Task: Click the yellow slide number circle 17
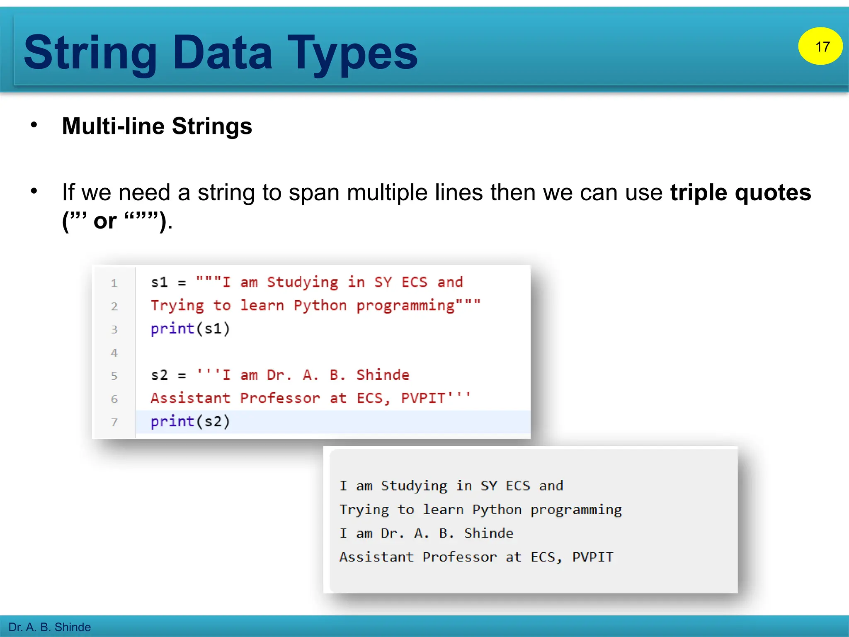click(820, 46)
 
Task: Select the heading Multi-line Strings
click(157, 126)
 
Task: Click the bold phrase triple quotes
click(740, 192)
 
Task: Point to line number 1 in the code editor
click(114, 283)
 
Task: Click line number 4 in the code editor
click(114, 353)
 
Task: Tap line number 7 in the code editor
click(114, 422)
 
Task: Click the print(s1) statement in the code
click(190, 329)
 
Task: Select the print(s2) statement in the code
click(190, 422)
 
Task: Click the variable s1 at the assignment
click(159, 282)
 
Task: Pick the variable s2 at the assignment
click(159, 375)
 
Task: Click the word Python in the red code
click(320, 306)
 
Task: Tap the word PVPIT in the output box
click(592, 557)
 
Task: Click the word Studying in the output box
click(414, 486)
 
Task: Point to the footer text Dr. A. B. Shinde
click(49, 627)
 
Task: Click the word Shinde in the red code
click(383, 375)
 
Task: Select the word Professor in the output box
click(459, 557)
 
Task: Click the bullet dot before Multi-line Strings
click(34, 124)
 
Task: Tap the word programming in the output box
click(576, 510)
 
